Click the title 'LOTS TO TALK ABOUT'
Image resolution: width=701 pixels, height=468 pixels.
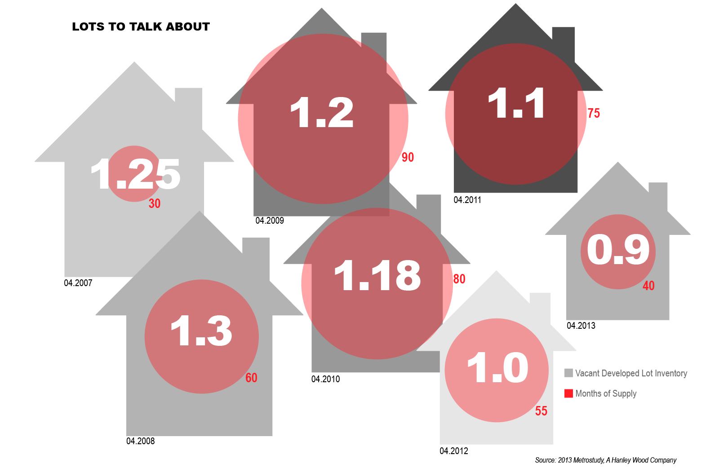click(141, 27)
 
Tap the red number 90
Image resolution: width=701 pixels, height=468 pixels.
click(408, 157)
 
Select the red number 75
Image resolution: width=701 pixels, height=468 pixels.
click(594, 113)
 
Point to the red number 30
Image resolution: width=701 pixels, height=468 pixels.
click(154, 204)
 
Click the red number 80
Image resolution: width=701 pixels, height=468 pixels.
click(459, 279)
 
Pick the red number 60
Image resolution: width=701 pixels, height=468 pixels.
click(251, 378)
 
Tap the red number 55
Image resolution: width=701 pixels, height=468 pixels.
click(541, 411)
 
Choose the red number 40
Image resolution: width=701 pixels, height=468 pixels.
click(648, 286)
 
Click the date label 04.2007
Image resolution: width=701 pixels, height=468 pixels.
click(78, 283)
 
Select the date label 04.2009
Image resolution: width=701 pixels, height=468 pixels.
click(270, 221)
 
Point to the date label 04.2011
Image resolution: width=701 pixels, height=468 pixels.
click(467, 200)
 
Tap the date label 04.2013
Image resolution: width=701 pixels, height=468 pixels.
click(581, 326)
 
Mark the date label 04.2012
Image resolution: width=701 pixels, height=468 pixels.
click(454, 451)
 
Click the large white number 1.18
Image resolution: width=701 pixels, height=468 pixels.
click(377, 275)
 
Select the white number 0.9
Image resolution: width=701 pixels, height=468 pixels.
click(618, 251)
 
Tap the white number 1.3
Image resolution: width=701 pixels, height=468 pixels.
click(201, 331)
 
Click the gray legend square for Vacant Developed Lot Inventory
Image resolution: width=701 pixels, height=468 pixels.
click(568, 373)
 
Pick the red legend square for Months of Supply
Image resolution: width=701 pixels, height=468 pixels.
click(568, 393)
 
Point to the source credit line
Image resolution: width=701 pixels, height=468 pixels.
click(605, 460)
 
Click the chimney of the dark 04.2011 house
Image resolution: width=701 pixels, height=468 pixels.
click(563, 40)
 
